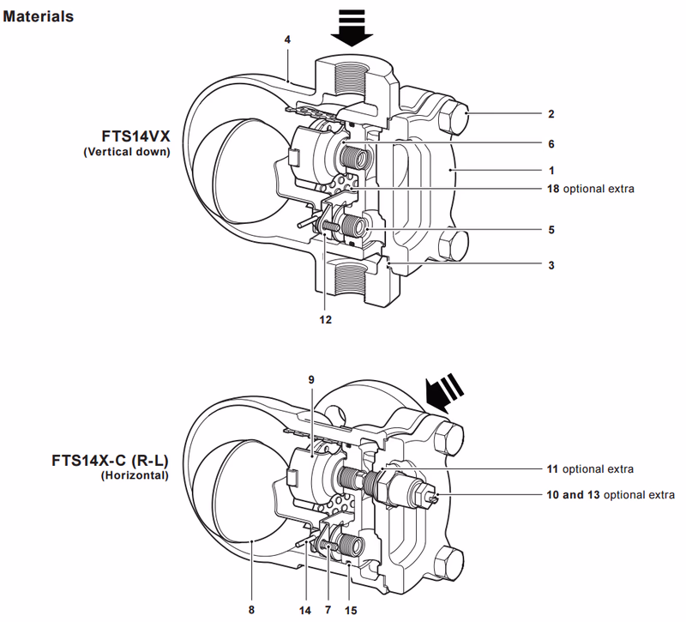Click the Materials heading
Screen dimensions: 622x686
click(39, 16)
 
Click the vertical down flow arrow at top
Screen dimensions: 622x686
click(352, 27)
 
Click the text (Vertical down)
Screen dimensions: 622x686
click(127, 152)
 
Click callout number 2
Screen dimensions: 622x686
click(551, 113)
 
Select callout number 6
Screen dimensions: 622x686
click(551, 142)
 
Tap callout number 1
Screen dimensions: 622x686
click(551, 171)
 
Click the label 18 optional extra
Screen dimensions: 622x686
click(590, 188)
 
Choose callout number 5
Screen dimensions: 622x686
click(551, 230)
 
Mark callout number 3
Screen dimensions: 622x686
click(551, 266)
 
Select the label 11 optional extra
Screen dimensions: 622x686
click(590, 469)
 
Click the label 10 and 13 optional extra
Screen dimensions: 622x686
click(610, 495)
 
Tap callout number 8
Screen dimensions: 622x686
click(251, 610)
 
